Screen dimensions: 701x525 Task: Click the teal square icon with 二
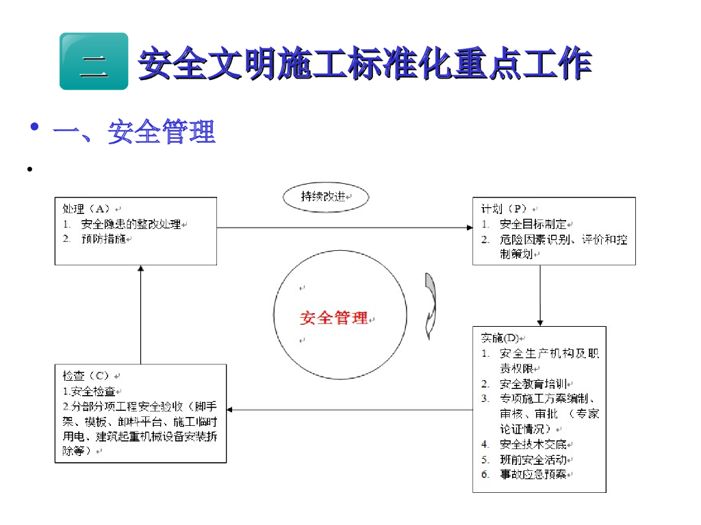(x=94, y=62)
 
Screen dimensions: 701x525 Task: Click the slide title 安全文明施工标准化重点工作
(x=365, y=64)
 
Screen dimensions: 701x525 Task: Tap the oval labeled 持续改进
(x=326, y=198)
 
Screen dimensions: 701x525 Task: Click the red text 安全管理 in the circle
(x=334, y=318)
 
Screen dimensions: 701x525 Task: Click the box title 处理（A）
(x=86, y=208)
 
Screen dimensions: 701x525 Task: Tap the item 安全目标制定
(x=533, y=224)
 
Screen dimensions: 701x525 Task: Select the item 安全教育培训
(x=533, y=383)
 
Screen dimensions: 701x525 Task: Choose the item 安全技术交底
(x=533, y=444)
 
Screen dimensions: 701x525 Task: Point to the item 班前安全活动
(x=533, y=459)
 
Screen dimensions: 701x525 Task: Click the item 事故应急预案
(x=533, y=474)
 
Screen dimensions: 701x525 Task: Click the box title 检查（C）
(x=86, y=376)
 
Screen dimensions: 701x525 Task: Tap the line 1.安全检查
(x=89, y=391)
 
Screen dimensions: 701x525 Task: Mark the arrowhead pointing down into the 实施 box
(x=540, y=322)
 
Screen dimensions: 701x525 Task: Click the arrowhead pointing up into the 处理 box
(x=140, y=270)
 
